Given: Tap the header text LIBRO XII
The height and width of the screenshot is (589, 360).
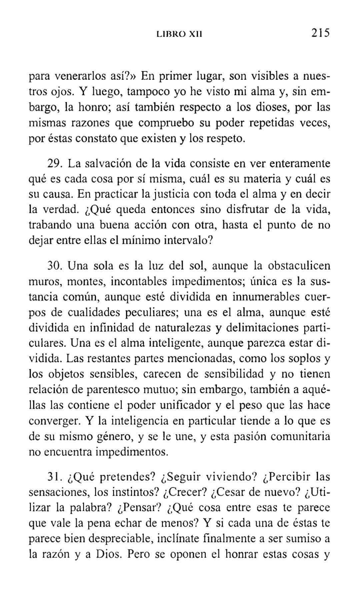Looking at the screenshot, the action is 180,34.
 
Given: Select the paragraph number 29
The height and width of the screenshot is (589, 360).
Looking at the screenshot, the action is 54,164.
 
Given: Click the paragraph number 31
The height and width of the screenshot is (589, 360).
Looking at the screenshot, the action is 54,477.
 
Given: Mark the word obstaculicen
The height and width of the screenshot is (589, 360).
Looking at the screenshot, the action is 299,266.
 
